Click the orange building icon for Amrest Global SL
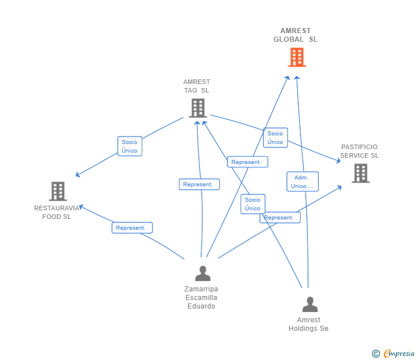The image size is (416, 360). coord(297,57)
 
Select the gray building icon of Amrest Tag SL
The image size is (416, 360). coord(197,107)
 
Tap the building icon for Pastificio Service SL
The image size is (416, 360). coord(360,173)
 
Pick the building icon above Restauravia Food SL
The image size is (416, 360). coord(58,191)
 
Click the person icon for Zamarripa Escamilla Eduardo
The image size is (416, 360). coord(202,274)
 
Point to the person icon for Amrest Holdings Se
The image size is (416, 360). coord(310,304)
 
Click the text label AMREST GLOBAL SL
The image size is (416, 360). coord(295,35)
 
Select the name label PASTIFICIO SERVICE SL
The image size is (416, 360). coord(359,151)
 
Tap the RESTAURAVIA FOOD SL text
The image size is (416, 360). coord(57,212)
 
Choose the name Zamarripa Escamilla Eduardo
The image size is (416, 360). coord(201,298)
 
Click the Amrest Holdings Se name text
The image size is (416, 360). coord(309,324)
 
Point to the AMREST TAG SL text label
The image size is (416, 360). coord(197,86)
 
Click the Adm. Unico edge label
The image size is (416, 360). coord(302,182)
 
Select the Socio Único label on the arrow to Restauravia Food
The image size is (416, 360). coord(130,146)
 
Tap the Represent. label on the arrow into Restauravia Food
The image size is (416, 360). coord(131,228)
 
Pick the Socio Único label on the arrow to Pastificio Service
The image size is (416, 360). coord(275,138)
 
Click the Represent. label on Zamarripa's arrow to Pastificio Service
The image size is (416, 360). coord(279,218)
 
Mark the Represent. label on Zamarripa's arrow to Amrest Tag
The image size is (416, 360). coord(199,185)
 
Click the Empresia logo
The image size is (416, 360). coord(399,353)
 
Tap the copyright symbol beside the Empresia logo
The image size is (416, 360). coord(375,354)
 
